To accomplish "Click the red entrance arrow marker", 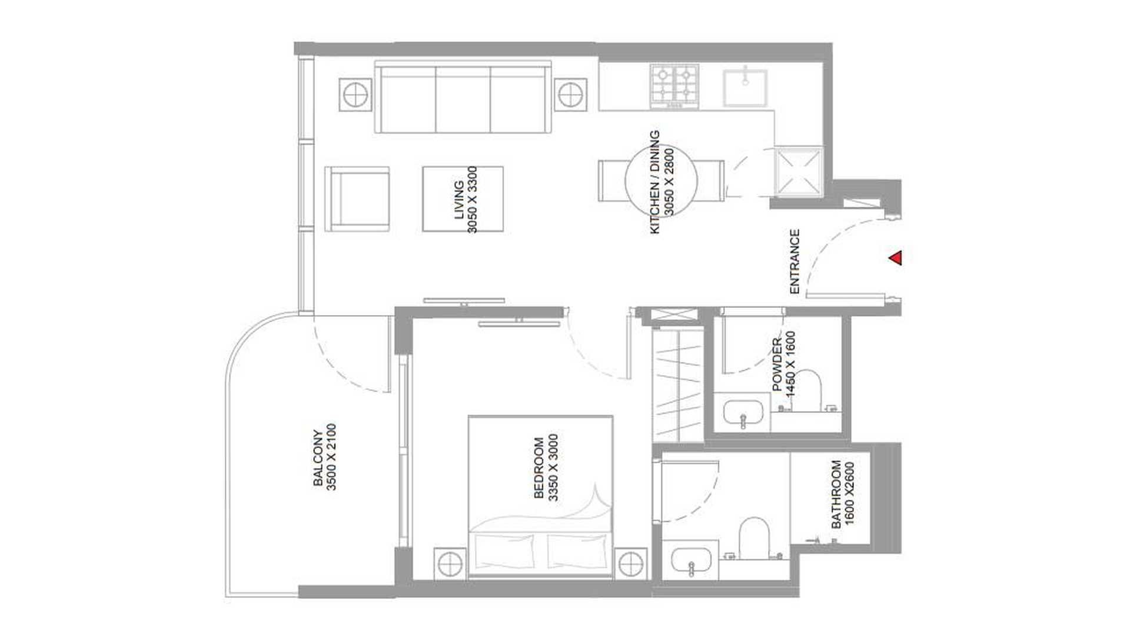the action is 896,258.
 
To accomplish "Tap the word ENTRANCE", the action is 795,261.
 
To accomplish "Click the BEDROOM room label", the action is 539,468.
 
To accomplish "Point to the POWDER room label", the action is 777,365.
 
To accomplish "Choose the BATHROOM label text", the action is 836,494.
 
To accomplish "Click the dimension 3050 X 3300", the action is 473,200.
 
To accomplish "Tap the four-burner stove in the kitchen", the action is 674,86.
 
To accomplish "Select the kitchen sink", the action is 745,87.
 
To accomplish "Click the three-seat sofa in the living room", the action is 463,98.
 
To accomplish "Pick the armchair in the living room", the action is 357,199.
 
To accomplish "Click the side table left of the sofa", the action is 356,94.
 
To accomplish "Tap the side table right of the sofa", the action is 570,94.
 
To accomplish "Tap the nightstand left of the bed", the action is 450,564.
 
